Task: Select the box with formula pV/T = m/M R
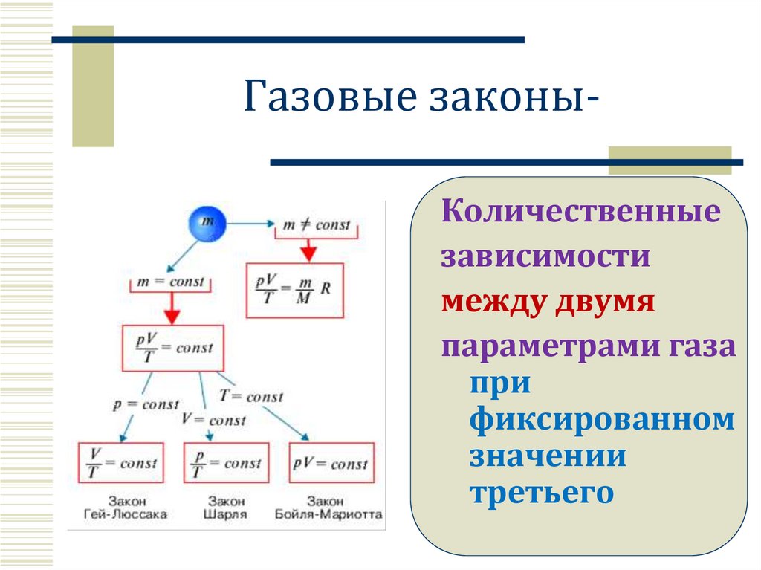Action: pos(294,290)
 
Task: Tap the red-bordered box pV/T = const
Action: pos(172,348)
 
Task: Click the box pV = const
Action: pos(330,463)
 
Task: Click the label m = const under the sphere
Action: pos(171,282)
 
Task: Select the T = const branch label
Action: pos(251,397)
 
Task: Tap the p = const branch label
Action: pos(146,405)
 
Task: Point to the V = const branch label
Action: pos(214,420)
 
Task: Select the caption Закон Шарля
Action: pos(226,508)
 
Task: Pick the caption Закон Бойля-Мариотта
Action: pos(328,508)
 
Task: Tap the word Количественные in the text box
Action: pos(581,212)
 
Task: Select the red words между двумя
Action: pos(548,302)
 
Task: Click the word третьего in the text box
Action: pos(542,492)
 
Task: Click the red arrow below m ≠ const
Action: pos(305,250)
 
